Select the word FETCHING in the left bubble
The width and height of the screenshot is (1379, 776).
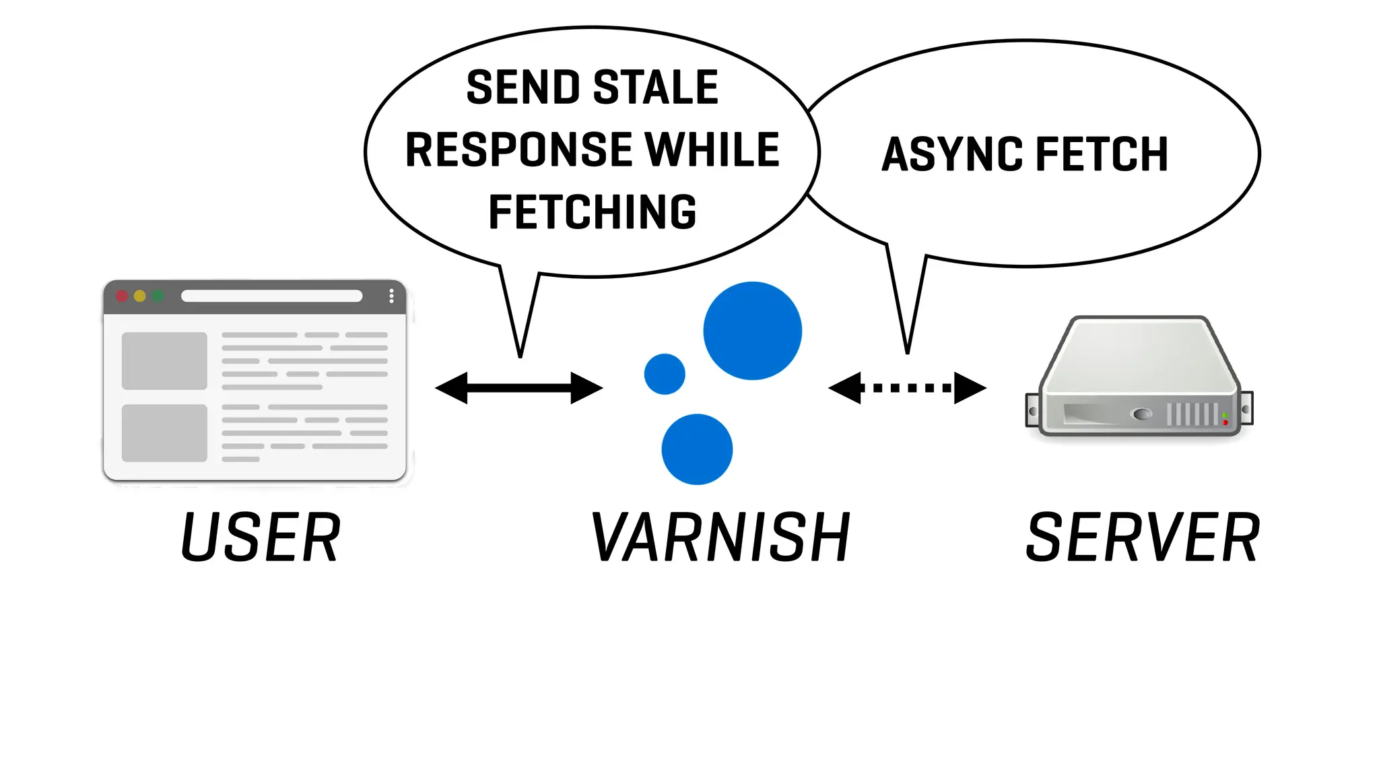592,212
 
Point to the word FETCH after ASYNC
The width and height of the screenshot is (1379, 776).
1102,154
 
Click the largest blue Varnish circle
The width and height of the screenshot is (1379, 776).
752,331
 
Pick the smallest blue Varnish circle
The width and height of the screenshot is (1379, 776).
665,374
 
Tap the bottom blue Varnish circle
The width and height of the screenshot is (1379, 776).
697,449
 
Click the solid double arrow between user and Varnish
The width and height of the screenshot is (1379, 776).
518,388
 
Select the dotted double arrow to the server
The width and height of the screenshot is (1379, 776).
907,388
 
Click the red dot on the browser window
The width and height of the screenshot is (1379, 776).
122,296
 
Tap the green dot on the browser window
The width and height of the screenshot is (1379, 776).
158,296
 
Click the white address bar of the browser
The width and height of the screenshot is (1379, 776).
271,296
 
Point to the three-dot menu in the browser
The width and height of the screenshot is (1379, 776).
391,296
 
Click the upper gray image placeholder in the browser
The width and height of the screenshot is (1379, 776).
164,360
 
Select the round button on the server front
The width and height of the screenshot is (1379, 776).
1142,414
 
